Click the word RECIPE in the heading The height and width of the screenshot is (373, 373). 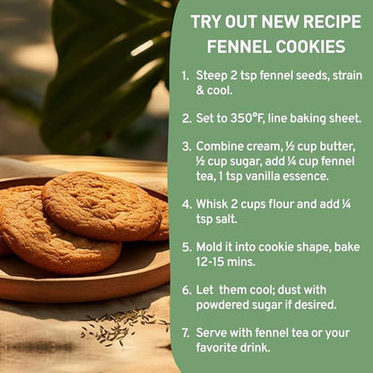coord(332,22)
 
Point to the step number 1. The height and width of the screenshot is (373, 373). coord(185,75)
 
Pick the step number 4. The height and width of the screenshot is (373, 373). coord(186,204)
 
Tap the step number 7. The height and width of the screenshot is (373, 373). coord(186,333)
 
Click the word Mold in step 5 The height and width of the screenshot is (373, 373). coord(206,247)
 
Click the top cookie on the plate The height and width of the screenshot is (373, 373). coord(101,205)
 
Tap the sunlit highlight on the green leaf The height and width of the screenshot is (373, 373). coord(143,48)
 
